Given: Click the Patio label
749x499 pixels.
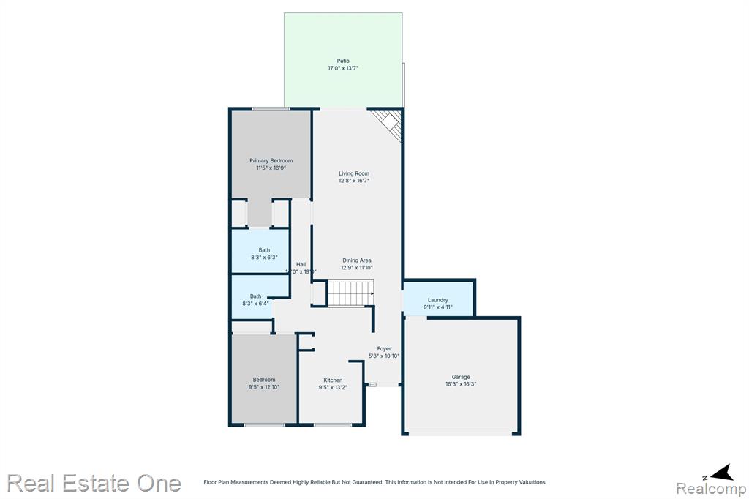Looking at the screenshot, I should coord(343,61).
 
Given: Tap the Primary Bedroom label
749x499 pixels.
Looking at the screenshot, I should coord(271,160).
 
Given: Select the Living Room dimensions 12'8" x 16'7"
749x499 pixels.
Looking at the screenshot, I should coord(353,181).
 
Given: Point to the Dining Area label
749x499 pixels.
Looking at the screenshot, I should coord(356,260).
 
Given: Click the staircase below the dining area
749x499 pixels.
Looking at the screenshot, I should coord(350,293).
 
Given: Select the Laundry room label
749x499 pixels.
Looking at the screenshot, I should coord(438,300).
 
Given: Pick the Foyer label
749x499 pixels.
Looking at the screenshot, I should coord(384,349).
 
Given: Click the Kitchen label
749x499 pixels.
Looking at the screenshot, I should coord(333,380).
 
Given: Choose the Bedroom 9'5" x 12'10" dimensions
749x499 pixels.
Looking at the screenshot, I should coord(264,387).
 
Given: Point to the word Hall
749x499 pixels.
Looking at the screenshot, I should coord(301,264).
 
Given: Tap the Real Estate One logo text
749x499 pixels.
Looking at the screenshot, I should coord(94,483).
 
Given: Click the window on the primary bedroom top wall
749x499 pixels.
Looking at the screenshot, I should coord(271,109).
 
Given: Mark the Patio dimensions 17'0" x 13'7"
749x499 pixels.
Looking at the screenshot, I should coord(343,68).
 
